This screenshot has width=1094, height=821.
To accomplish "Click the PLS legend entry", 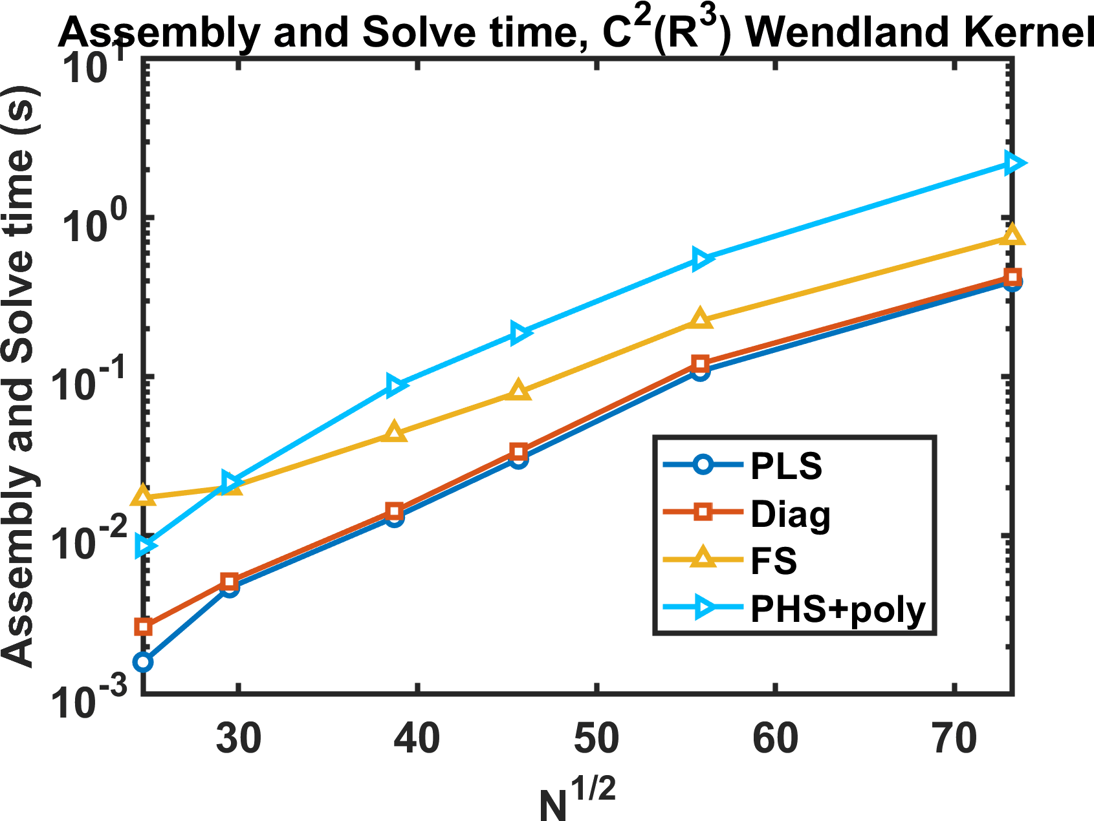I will pyautogui.click(x=786, y=465).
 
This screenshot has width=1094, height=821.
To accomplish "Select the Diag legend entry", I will pyautogui.click(x=790, y=514).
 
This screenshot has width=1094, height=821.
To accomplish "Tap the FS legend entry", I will pyautogui.click(x=773, y=560).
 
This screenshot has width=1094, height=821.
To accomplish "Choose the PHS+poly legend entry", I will pyautogui.click(x=838, y=609).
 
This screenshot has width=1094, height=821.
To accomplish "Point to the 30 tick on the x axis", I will pyautogui.click(x=239, y=738).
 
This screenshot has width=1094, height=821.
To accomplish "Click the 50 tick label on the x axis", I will pyautogui.click(x=596, y=738).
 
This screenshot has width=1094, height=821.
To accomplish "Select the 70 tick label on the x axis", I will pyautogui.click(x=955, y=738).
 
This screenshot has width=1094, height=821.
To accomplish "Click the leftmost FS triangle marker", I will pyautogui.click(x=144, y=496).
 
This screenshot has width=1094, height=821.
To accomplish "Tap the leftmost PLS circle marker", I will pyautogui.click(x=144, y=662).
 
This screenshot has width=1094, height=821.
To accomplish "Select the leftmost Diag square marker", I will pyautogui.click(x=144, y=626).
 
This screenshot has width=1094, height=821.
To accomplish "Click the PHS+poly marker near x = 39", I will pyautogui.click(x=396, y=385).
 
